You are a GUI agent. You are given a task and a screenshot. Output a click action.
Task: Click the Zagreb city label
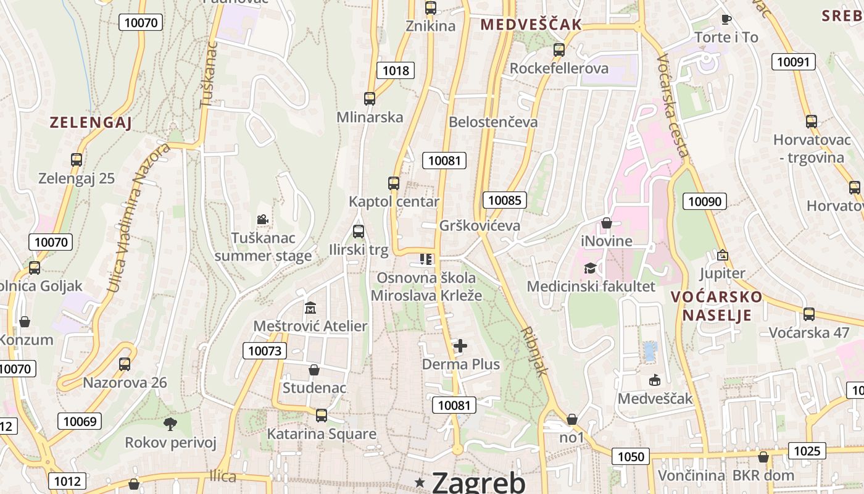click(479, 482)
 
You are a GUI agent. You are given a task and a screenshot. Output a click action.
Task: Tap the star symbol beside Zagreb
click(421, 482)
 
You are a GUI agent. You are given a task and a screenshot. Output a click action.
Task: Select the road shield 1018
click(396, 70)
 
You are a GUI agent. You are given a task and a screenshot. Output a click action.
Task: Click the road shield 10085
click(505, 200)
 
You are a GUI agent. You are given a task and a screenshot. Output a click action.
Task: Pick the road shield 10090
click(705, 201)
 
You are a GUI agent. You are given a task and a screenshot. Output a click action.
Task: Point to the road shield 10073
click(265, 351)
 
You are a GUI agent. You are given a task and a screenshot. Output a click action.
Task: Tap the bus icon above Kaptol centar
click(394, 183)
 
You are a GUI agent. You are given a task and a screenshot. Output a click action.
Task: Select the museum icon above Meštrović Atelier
click(310, 308)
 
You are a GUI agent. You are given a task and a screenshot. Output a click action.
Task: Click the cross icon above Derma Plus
click(460, 346)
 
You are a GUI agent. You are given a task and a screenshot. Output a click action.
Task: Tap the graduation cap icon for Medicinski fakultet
click(591, 268)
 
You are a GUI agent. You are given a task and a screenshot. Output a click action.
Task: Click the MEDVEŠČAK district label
click(531, 25)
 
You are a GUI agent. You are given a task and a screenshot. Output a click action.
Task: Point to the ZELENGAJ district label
click(91, 123)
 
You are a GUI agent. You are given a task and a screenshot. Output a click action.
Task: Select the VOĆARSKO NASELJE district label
click(717, 306)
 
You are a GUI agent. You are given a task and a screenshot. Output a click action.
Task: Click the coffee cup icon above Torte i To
click(726, 19)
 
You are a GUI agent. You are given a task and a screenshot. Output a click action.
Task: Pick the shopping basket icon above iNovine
click(607, 222)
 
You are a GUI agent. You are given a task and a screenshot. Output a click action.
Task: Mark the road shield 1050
click(631, 457)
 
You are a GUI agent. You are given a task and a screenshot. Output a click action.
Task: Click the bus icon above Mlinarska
click(370, 98)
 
